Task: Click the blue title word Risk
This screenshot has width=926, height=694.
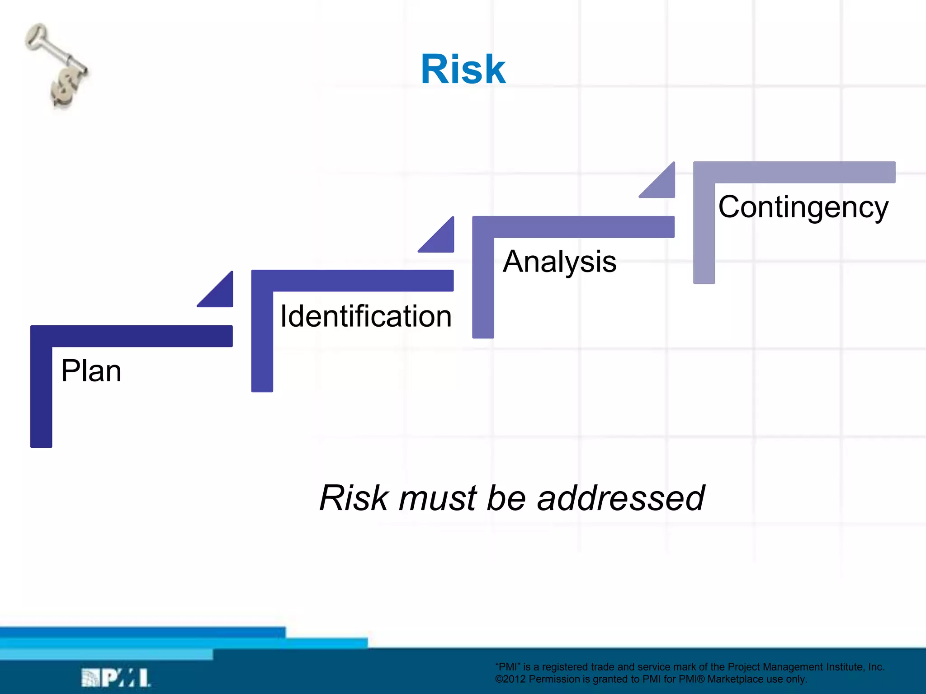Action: (x=463, y=69)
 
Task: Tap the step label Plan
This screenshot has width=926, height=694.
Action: (x=91, y=371)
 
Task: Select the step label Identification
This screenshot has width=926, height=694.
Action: (x=366, y=316)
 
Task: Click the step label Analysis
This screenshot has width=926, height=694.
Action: (x=559, y=262)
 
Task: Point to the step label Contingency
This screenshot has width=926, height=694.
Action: (x=803, y=207)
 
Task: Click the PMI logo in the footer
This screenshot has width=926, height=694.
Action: (x=116, y=678)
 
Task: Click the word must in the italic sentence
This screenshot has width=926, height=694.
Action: (x=438, y=498)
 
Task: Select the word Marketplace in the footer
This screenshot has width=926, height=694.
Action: (x=735, y=679)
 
